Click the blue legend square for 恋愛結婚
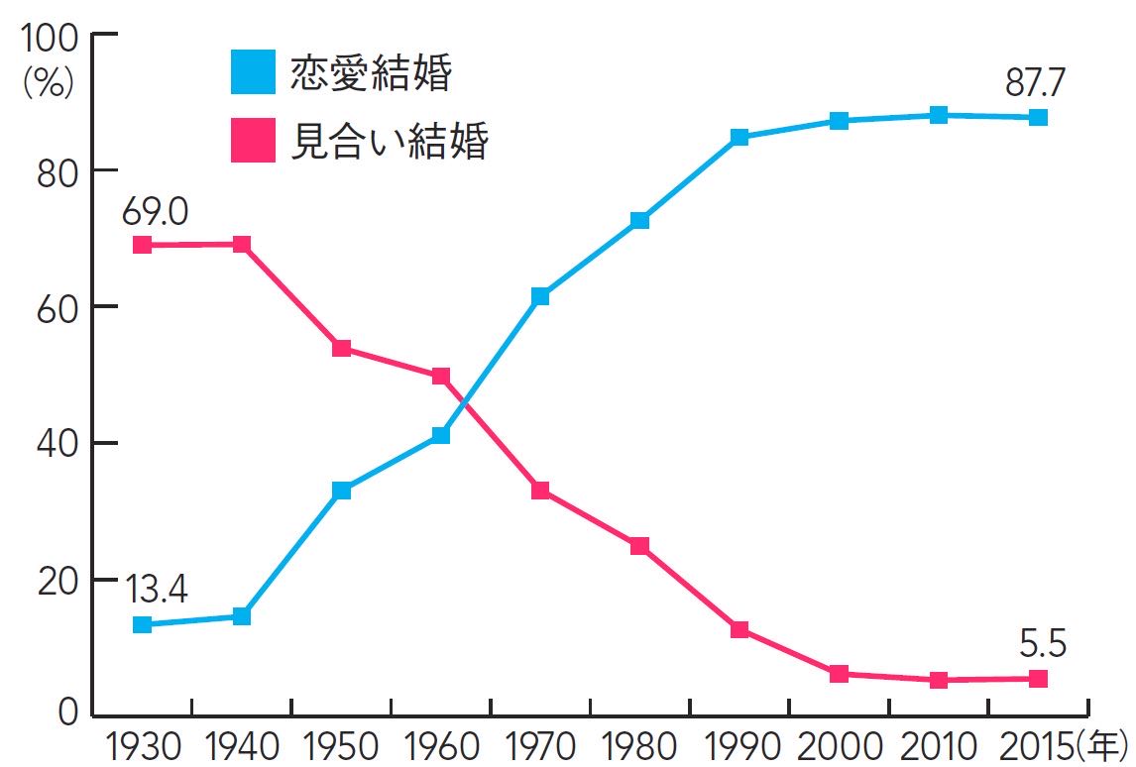tap(253, 72)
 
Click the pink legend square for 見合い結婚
tap(253, 140)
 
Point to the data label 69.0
tap(156, 211)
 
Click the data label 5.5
tap(1042, 645)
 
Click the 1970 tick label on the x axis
tap(540, 745)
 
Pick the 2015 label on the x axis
tap(1031, 745)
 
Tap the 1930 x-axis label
tap(141, 745)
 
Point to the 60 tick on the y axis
tap(57, 307)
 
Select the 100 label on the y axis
tap(49, 40)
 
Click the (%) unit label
tap(49, 83)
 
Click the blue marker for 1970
tap(540, 296)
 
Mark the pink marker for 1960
tap(441, 377)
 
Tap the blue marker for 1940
tap(241, 616)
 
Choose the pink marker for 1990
tap(739, 630)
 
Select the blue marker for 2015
tap(1038, 117)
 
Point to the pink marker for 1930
tap(142, 245)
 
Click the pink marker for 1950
tap(342, 348)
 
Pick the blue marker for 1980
tap(639, 220)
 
